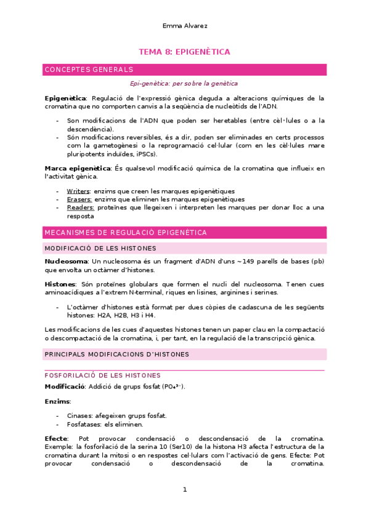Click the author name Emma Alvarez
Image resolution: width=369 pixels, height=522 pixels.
(184, 26)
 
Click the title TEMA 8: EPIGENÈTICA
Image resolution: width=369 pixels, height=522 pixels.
(184, 52)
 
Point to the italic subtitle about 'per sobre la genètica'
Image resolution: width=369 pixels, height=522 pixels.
(184, 84)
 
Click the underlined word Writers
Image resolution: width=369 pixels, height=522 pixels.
(78, 191)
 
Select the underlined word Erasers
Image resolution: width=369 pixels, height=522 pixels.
(79, 199)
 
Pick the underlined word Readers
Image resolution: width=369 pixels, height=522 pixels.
(80, 207)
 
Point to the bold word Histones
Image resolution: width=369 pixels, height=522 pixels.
(60, 284)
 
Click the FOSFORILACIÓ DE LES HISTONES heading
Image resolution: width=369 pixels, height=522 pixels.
(103, 375)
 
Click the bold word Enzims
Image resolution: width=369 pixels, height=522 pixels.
(57, 401)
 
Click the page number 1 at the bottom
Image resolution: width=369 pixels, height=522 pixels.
(184, 490)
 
